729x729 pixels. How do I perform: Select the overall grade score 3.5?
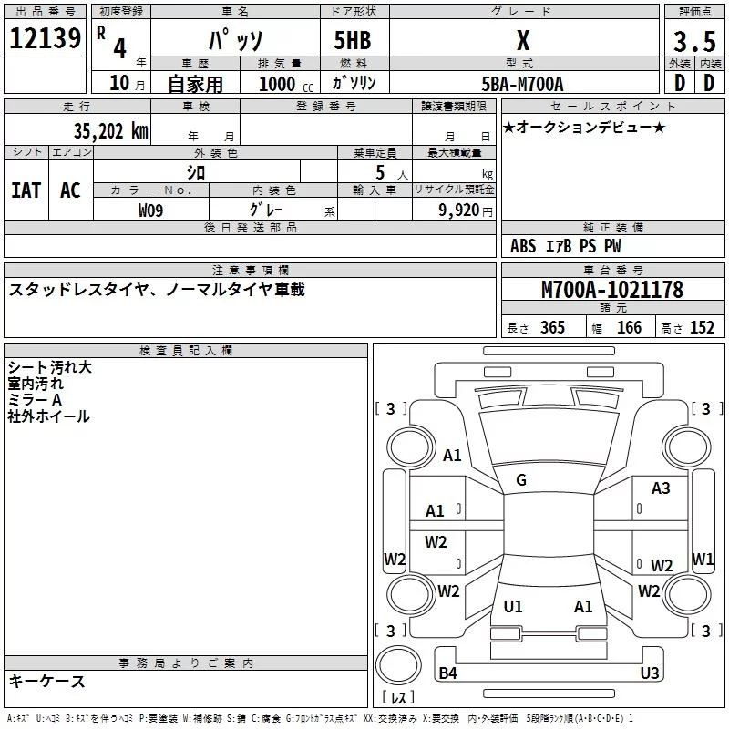(x=694, y=42)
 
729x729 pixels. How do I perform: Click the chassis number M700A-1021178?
(x=612, y=291)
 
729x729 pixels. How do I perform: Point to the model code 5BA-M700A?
(x=522, y=84)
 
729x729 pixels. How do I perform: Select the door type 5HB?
(x=353, y=41)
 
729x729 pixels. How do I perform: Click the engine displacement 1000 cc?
(x=278, y=84)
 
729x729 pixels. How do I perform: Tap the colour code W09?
(x=151, y=210)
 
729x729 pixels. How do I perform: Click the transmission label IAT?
(x=26, y=190)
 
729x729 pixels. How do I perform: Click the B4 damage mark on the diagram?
(x=447, y=673)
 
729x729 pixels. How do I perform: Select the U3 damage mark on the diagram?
(x=649, y=673)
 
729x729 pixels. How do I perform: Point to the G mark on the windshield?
(x=521, y=480)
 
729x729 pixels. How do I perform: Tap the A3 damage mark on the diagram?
(x=661, y=488)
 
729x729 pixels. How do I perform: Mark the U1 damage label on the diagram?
(x=513, y=606)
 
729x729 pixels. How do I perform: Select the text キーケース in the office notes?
(x=46, y=682)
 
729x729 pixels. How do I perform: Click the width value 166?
(x=630, y=328)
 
